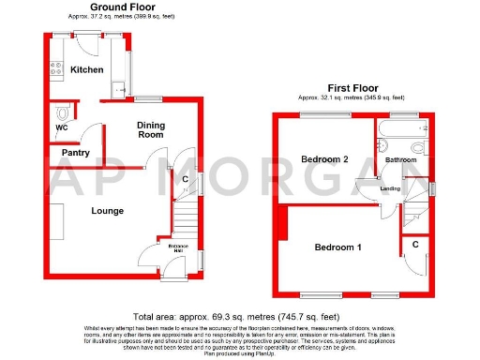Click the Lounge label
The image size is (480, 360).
pos(107,211)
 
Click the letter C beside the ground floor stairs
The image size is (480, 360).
pos(185,179)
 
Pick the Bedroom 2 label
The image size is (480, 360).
pos(325,160)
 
